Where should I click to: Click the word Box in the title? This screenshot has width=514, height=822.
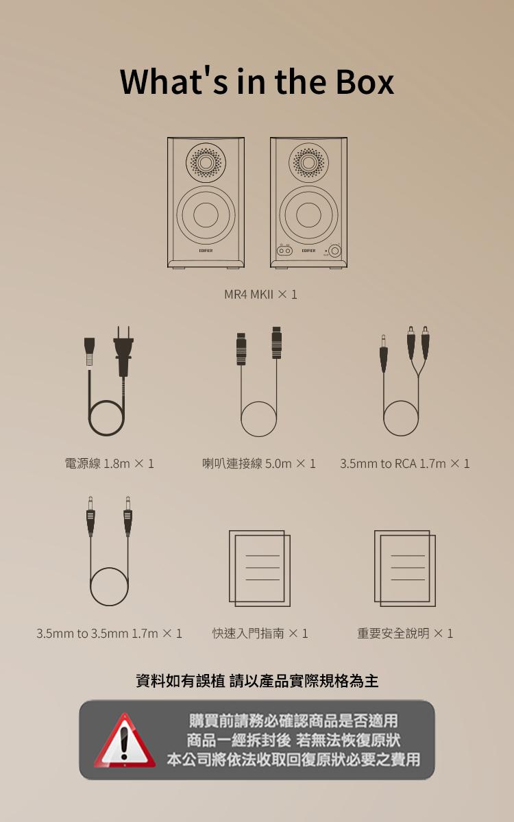(365, 82)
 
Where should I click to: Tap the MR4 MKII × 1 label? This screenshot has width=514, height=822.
(260, 295)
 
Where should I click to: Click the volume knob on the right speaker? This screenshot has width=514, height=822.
(334, 251)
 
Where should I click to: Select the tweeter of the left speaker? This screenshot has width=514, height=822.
(206, 162)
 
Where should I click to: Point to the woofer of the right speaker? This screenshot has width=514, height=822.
(308, 215)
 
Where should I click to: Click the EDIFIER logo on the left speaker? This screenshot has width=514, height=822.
(206, 251)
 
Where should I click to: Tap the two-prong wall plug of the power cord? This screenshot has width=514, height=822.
(123, 351)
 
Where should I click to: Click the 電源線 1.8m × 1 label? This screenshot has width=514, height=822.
(109, 464)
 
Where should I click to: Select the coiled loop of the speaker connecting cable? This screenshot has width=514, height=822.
(258, 419)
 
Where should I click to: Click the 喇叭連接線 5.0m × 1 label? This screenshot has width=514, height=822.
(259, 464)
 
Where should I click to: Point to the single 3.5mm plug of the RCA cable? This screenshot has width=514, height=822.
(383, 353)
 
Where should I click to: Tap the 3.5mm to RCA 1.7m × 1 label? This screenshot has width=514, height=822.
(404, 464)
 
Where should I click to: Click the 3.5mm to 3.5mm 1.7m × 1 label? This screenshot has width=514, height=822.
(109, 634)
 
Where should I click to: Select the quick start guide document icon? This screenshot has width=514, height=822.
(260, 568)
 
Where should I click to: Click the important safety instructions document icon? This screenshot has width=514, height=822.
(405, 568)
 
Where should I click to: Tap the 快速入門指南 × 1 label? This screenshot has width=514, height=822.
(260, 634)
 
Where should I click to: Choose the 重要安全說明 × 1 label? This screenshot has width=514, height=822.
(405, 634)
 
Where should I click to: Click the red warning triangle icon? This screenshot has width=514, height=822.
(125, 741)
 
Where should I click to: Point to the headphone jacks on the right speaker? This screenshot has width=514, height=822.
(284, 251)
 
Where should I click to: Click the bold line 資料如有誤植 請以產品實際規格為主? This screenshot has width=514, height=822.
(257, 681)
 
